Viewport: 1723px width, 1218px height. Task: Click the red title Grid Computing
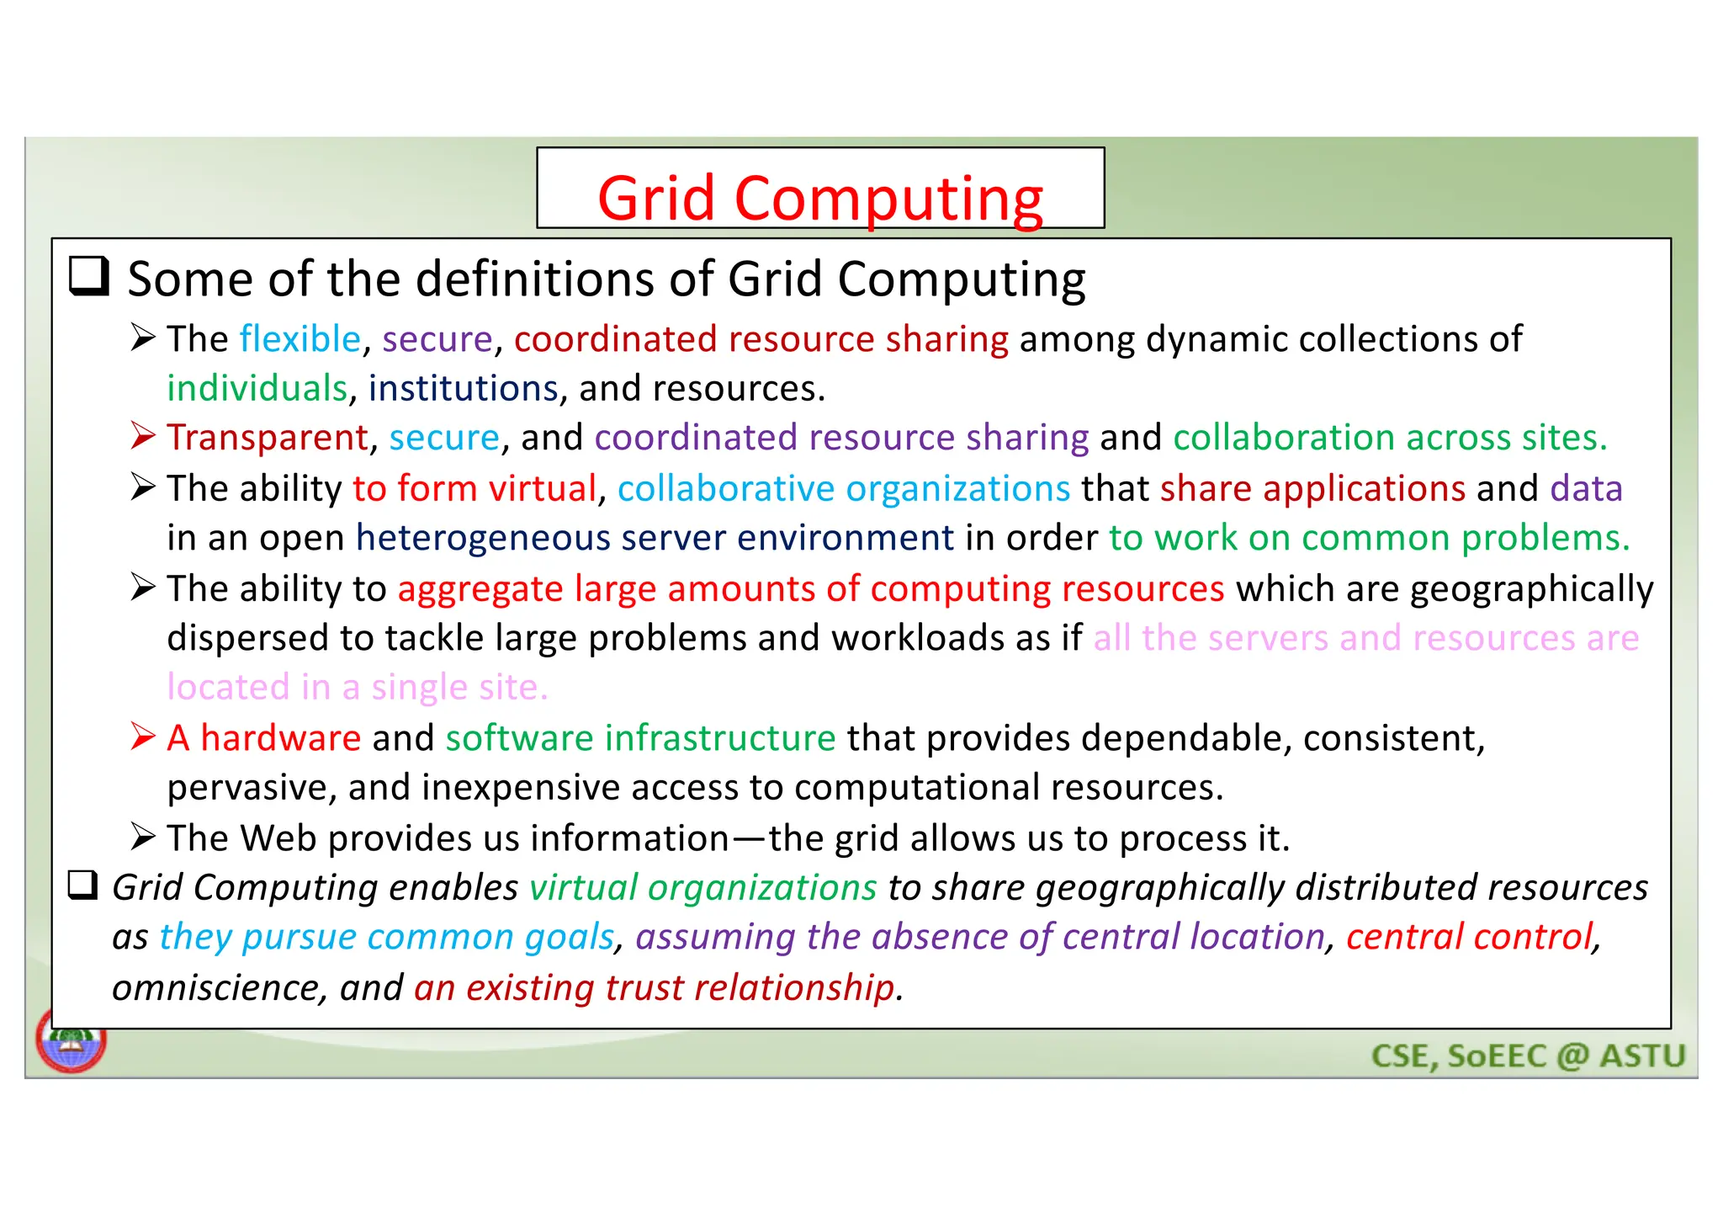[820, 199]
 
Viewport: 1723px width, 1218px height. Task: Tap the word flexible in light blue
[300, 339]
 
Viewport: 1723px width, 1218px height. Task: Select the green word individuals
[257, 389]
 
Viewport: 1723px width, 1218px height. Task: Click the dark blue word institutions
[463, 389]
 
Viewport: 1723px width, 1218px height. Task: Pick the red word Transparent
[268, 439]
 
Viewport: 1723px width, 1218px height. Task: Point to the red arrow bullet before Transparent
[143, 436]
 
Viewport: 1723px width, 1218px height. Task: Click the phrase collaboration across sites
[1390, 439]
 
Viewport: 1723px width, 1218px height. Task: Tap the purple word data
[1586, 489]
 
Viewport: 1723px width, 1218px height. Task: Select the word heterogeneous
[482, 539]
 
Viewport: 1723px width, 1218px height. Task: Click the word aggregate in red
[480, 589]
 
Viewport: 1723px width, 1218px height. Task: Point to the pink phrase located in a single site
[358, 688]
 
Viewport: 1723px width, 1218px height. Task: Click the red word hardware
[280, 738]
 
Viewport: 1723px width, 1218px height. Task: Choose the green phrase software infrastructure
[640, 738]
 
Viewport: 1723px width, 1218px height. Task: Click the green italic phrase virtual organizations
[702, 888]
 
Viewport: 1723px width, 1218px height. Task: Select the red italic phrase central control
[1470, 938]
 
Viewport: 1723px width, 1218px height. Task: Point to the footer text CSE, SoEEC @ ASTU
[1528, 1056]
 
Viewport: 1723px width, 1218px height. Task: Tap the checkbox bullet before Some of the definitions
[89, 277]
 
